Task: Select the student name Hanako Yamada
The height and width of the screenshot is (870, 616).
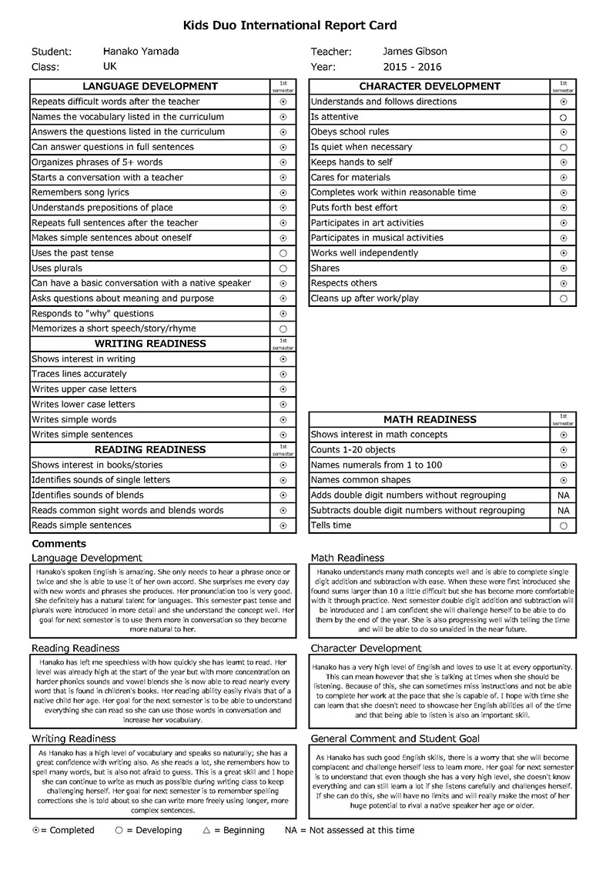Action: (x=141, y=52)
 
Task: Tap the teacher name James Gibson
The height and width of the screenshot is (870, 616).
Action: (x=414, y=52)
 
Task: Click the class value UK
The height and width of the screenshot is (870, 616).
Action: (x=110, y=67)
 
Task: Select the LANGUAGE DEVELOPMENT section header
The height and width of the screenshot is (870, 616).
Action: (x=150, y=86)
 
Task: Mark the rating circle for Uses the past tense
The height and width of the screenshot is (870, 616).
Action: (x=283, y=253)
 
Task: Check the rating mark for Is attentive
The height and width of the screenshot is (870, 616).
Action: (x=564, y=117)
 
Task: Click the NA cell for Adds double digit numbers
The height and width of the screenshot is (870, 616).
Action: (x=564, y=495)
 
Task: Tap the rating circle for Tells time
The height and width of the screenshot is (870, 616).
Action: (x=564, y=526)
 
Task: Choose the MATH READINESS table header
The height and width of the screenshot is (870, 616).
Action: (x=430, y=419)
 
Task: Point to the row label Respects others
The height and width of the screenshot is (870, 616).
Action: (x=344, y=283)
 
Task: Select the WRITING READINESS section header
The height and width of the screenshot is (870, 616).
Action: (x=150, y=343)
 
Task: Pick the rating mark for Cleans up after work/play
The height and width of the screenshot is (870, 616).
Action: (x=564, y=298)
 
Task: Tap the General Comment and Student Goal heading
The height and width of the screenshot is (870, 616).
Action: (x=395, y=738)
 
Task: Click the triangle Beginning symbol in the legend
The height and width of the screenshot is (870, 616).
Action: (x=206, y=830)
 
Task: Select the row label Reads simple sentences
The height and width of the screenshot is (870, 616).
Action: (x=82, y=525)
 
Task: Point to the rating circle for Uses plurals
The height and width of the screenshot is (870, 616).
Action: (x=283, y=268)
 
